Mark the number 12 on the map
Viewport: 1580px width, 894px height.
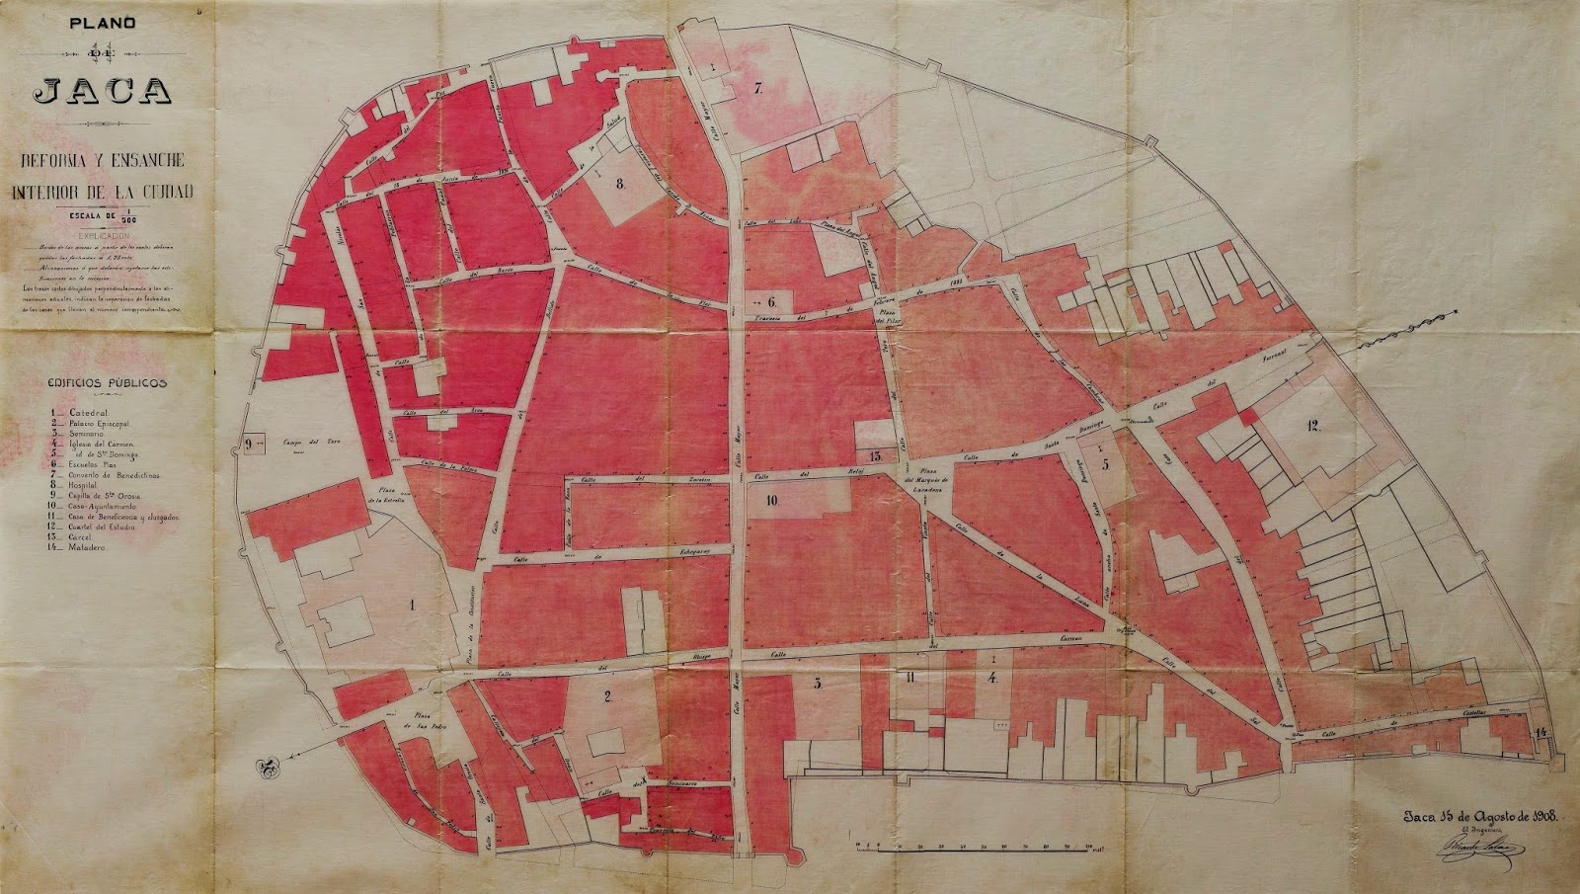coord(1311,426)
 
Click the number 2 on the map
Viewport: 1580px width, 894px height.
coord(608,696)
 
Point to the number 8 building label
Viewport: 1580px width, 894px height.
coord(620,183)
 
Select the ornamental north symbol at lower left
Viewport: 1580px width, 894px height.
coord(266,767)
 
